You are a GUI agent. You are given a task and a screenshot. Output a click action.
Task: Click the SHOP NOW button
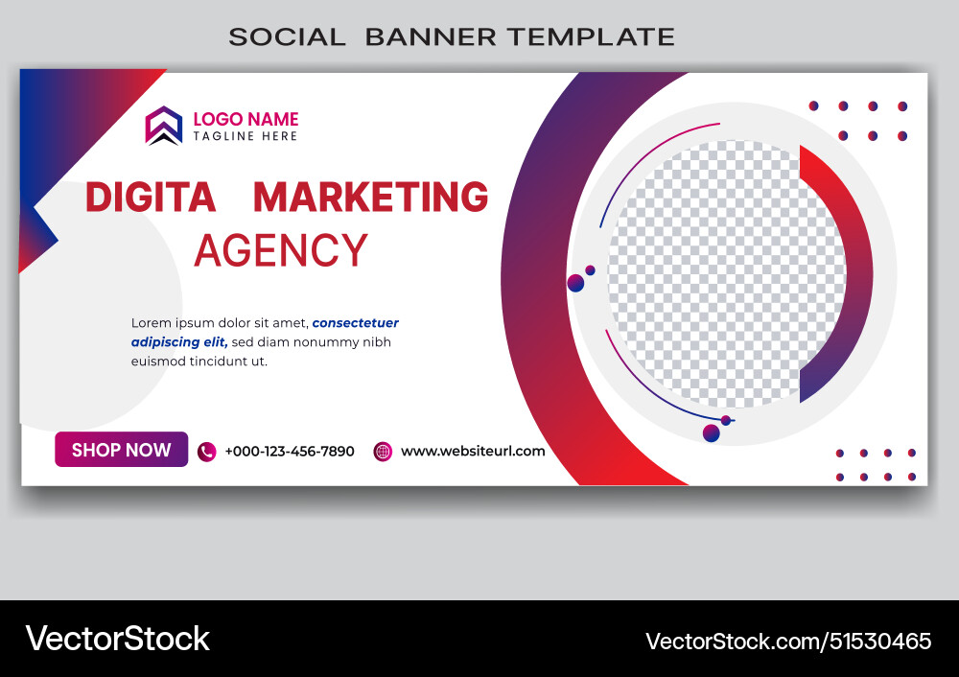[x=121, y=450]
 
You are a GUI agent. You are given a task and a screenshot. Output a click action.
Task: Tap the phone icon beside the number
[x=206, y=452]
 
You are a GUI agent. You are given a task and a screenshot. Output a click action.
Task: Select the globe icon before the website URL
[x=383, y=452]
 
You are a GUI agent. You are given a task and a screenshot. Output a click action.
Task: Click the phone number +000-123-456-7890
[x=290, y=452]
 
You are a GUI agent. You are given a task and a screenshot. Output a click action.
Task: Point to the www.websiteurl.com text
[x=473, y=451]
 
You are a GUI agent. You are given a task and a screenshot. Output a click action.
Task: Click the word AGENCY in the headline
[x=280, y=250]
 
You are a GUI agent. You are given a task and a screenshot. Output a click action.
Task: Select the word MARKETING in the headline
[x=371, y=197]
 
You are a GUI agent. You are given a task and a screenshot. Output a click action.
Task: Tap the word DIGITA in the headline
[x=151, y=197]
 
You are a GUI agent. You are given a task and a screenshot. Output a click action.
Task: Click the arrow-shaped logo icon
[x=164, y=126]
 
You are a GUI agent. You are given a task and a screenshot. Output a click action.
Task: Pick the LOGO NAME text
[x=246, y=120]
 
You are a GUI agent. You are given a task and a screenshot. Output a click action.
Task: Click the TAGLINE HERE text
[x=246, y=136]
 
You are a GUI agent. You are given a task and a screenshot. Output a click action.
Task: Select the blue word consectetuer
[x=356, y=323]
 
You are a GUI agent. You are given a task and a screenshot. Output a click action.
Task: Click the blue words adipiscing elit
[x=178, y=342]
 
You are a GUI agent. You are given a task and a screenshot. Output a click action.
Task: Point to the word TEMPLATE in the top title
[x=591, y=37]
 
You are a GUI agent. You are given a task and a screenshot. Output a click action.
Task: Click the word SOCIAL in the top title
[x=287, y=37]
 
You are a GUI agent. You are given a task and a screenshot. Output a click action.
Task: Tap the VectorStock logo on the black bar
[x=118, y=639]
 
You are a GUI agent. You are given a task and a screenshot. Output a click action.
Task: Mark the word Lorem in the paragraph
[x=151, y=323]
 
